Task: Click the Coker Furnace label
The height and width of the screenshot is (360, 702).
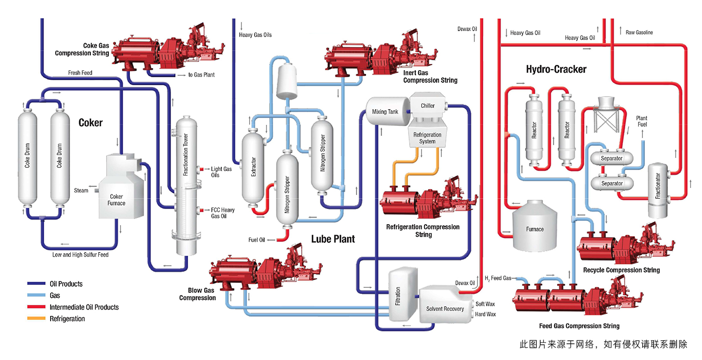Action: [x=116, y=200]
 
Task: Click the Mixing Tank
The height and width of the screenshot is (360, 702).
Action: [x=385, y=111]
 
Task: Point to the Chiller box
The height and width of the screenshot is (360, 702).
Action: [x=428, y=106]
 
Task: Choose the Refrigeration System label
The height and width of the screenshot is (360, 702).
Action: [x=427, y=138]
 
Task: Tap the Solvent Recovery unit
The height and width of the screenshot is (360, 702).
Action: [x=445, y=309]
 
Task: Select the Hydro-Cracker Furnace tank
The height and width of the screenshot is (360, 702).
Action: [x=535, y=229]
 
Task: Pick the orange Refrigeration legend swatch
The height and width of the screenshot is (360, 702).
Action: [x=36, y=318]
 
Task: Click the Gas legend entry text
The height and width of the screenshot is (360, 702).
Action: [x=55, y=295]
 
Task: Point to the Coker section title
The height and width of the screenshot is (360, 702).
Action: [x=90, y=123]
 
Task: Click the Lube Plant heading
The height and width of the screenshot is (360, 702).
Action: [x=333, y=239]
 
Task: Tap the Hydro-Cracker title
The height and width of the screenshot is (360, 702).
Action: [x=556, y=69]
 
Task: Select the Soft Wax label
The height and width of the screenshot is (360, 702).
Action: [x=485, y=304]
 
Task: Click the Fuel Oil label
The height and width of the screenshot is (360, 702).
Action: [x=256, y=240]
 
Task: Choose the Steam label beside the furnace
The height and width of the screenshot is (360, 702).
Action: [x=81, y=190]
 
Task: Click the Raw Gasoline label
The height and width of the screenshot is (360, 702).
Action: [x=639, y=33]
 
